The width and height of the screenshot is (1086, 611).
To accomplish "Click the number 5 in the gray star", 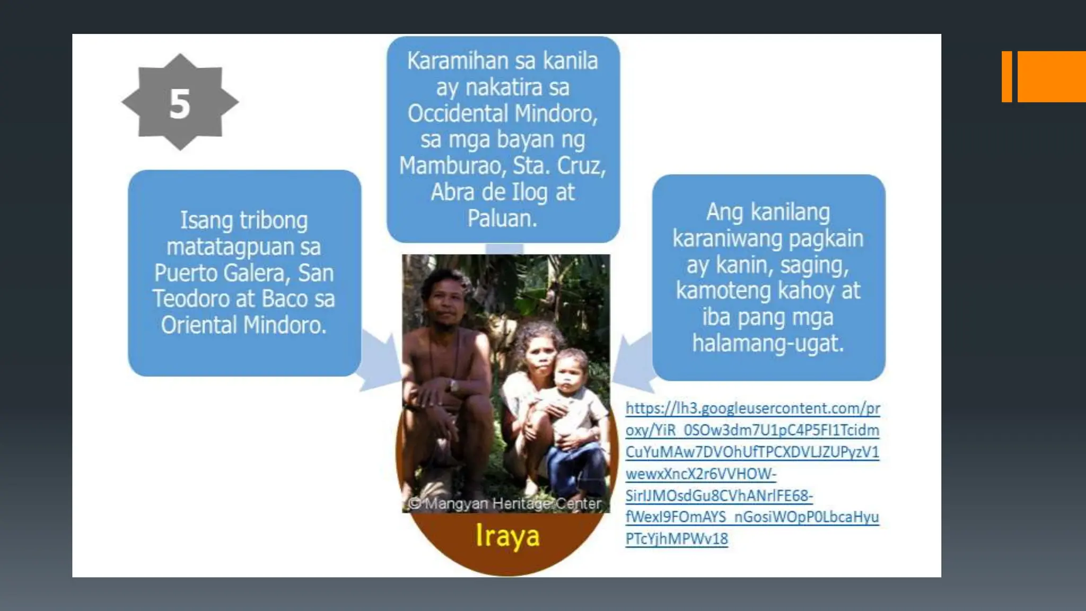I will click(x=180, y=103).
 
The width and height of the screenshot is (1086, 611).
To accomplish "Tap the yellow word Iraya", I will click(x=507, y=536).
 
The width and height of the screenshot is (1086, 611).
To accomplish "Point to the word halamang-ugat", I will click(x=768, y=343).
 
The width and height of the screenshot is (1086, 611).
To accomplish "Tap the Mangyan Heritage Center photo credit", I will click(x=506, y=503).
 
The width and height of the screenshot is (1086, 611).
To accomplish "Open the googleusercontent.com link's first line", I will click(x=752, y=408).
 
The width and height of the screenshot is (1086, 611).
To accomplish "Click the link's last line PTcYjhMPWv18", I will click(x=677, y=539).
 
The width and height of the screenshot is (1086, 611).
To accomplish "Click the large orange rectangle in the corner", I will click(x=1052, y=76).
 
